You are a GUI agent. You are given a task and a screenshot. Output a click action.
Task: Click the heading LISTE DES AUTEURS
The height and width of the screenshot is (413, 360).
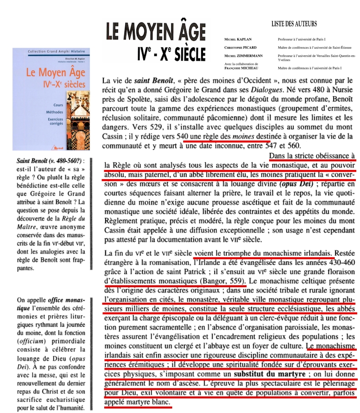coord(294,24)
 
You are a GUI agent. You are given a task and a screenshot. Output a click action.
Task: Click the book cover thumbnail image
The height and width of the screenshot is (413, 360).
coord(51,99)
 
